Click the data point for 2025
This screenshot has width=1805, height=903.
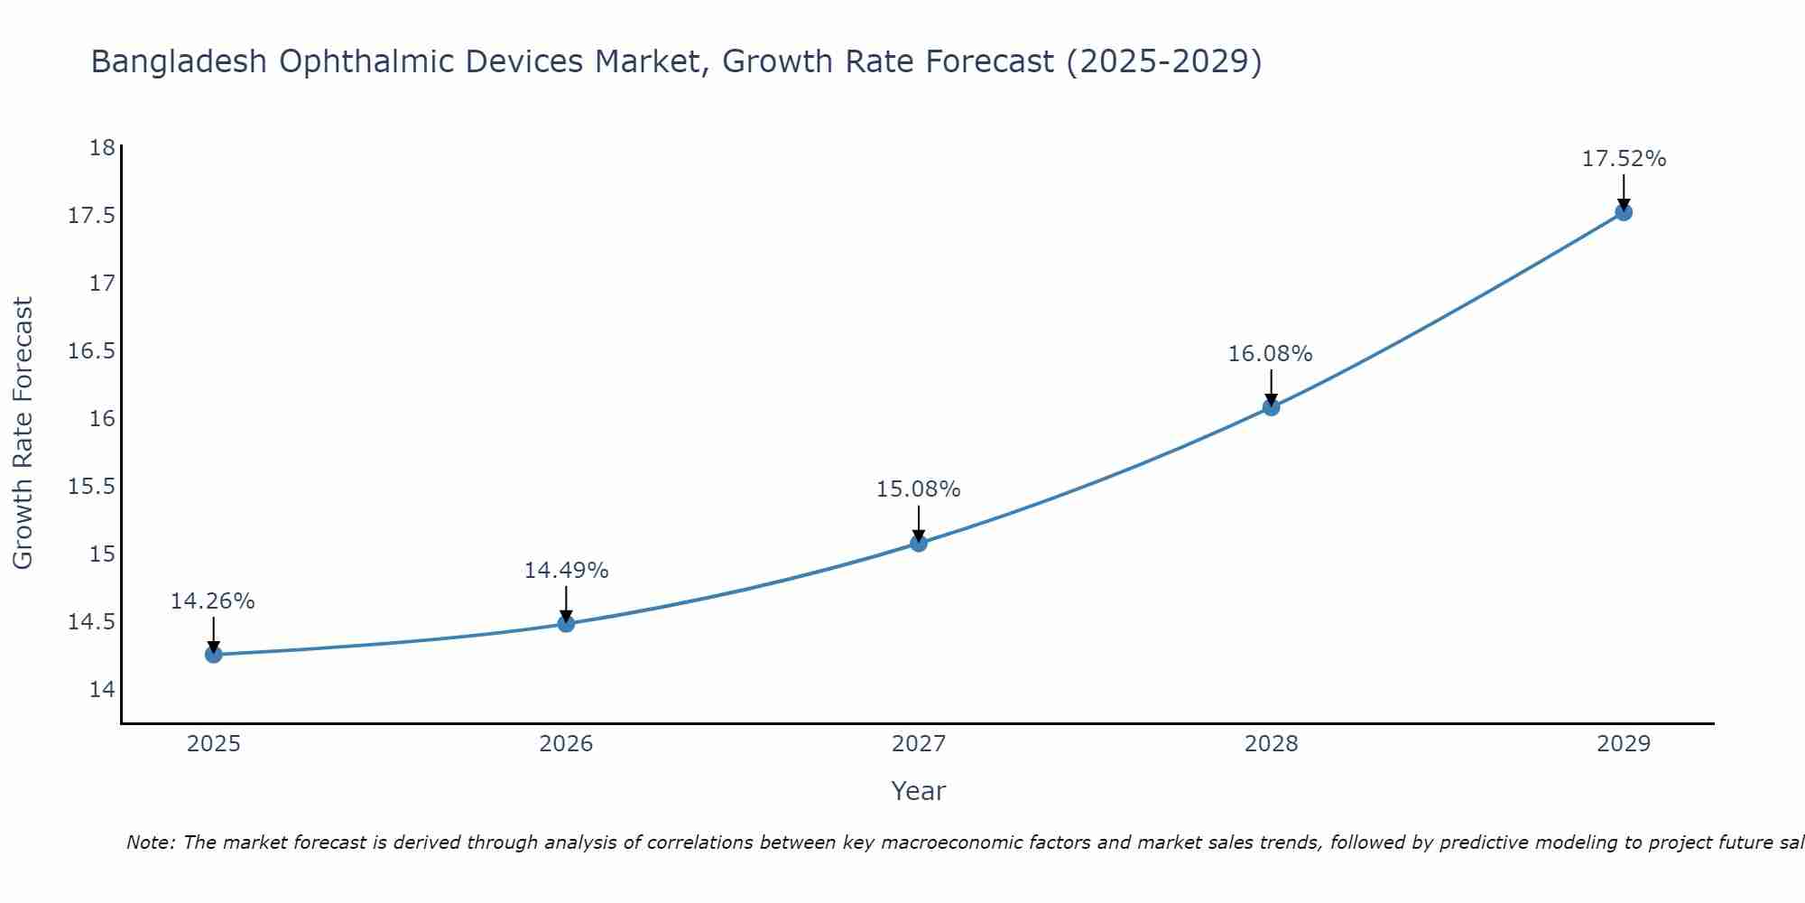pos(214,655)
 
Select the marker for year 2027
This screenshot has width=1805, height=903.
pos(919,543)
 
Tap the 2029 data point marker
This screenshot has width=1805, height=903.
pos(1624,212)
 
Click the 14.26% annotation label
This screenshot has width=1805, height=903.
pos(213,601)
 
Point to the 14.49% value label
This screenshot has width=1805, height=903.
pos(566,571)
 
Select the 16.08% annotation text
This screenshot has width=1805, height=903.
pos(1270,354)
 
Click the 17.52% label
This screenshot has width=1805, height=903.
pos(1624,159)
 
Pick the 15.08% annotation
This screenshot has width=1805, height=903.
pos(918,489)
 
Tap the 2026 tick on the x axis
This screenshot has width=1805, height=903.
pos(566,744)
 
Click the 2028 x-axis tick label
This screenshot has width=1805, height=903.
pos(1271,744)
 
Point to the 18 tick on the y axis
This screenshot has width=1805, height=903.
pos(102,148)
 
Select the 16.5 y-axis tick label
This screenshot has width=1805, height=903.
pos(92,351)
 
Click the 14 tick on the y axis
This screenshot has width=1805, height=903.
pos(102,690)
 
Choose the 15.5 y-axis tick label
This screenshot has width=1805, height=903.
pos(92,487)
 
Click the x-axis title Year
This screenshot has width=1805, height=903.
pos(918,791)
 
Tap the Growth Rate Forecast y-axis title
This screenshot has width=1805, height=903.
pos(23,433)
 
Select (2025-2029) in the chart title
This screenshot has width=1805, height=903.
pos(1163,61)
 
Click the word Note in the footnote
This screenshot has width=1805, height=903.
pos(150,842)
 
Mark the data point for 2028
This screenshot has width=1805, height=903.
pos(1271,407)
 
